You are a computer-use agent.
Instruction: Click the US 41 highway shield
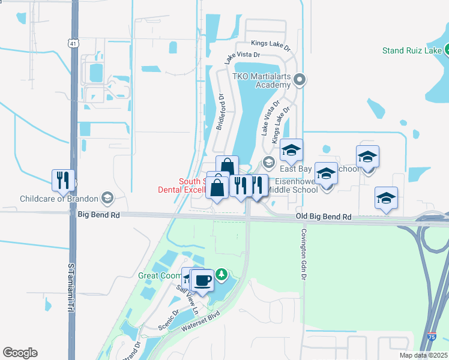coord(73,44)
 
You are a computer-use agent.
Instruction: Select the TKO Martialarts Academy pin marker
coord(301,79)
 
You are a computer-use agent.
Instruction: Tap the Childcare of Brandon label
coord(59,199)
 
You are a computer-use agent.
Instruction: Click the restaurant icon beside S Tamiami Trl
coord(63,179)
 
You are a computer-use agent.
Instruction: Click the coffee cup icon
coord(202,280)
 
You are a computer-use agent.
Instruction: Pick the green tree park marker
coord(222,274)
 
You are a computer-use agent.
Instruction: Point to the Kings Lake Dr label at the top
coord(271,44)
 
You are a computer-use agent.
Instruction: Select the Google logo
coord(20,353)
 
